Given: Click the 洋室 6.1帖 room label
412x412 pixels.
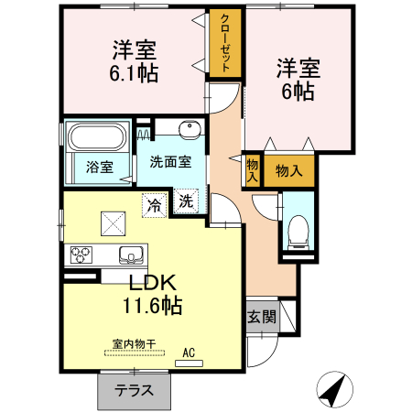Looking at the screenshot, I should point(135,62).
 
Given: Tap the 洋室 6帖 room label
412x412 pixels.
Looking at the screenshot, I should point(298,80).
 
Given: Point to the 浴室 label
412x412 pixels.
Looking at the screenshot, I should point(100,168).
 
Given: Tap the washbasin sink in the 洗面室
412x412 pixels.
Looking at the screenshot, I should point(190,129).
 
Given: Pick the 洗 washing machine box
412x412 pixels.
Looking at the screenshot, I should point(186,201).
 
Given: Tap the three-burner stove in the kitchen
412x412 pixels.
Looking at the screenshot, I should point(79,254).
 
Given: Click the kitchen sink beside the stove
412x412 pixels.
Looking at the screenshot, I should point(129,255).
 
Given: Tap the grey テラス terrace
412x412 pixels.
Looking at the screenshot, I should point(134,391).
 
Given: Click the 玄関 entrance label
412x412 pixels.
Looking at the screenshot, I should point(261,318).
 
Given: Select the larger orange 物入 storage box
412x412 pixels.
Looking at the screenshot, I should point(289,171).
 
